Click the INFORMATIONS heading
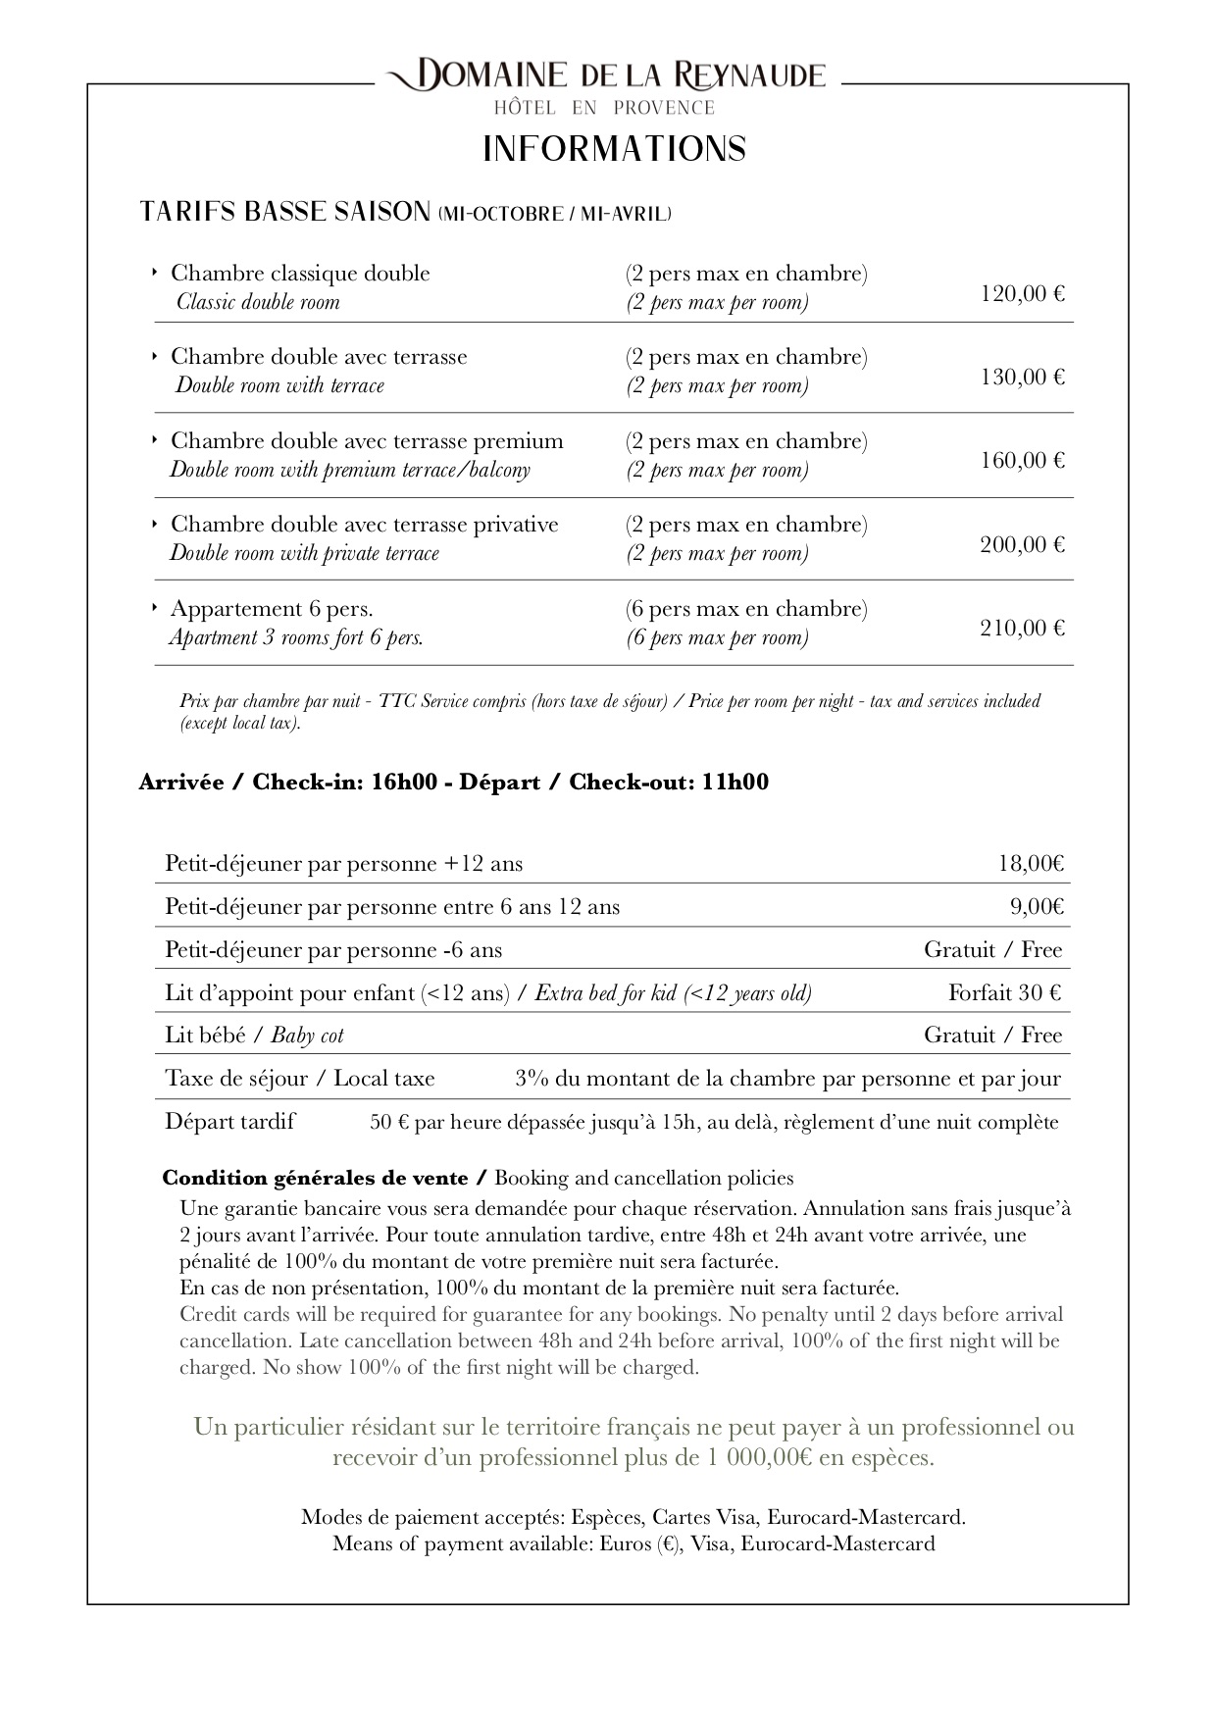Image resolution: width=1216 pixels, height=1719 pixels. [615, 149]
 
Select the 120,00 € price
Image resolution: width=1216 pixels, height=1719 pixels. [1022, 293]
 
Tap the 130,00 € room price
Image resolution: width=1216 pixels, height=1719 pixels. [1022, 377]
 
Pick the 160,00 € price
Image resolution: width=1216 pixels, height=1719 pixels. [1022, 460]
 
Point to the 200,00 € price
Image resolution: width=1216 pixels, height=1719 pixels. [1022, 544]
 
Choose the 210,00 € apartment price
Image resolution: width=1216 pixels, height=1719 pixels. [1022, 628]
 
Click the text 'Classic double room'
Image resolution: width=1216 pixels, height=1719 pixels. [258, 302]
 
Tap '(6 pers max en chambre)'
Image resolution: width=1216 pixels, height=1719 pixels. [746, 609]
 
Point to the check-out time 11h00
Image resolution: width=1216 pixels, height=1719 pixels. [735, 783]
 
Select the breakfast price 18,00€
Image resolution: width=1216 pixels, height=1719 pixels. [1031, 864]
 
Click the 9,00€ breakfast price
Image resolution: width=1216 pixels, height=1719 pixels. [1037, 907]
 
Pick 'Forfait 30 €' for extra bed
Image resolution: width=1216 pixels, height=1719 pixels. [1004, 993]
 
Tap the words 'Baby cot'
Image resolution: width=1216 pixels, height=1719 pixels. [307, 1036]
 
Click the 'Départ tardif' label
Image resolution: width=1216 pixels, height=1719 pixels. [229, 1122]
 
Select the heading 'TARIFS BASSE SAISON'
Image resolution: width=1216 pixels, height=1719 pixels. [285, 212]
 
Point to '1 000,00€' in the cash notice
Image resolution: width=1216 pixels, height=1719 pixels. [756, 1458]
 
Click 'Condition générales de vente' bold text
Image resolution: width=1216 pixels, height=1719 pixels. [315, 1178]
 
